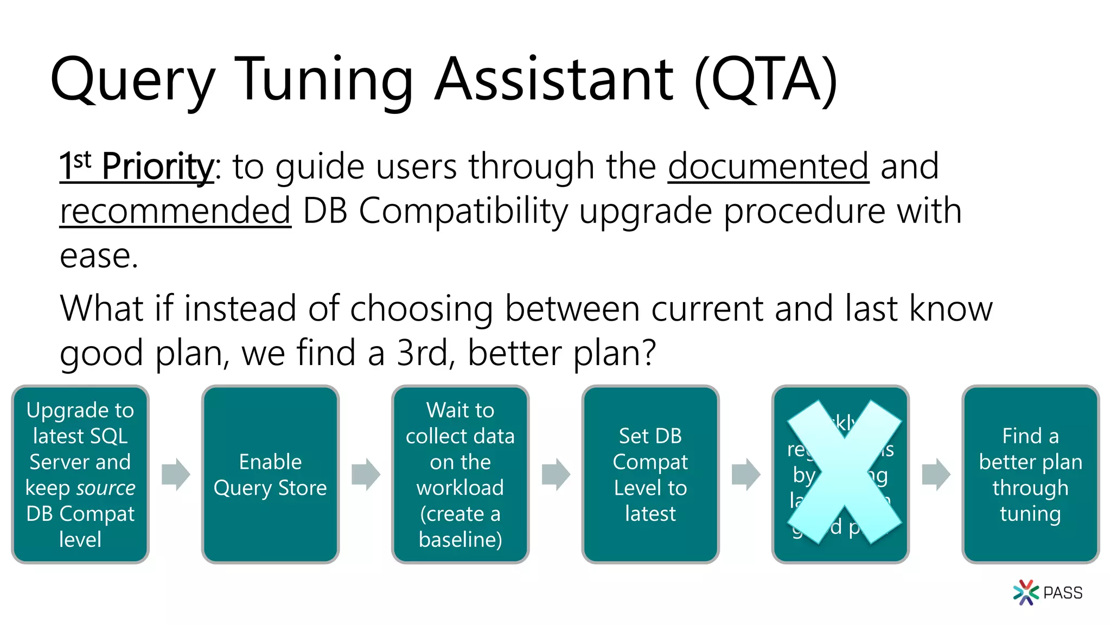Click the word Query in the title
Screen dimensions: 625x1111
pyautogui.click(x=132, y=80)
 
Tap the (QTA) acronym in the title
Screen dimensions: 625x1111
pyautogui.click(x=766, y=80)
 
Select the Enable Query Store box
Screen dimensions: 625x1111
pyautogui.click(x=270, y=474)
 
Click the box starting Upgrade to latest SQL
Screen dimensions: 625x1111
pyautogui.click(x=80, y=474)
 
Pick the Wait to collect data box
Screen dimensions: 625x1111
pyautogui.click(x=460, y=474)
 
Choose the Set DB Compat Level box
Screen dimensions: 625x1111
pyautogui.click(x=650, y=474)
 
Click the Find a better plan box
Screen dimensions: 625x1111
pyautogui.click(x=1030, y=474)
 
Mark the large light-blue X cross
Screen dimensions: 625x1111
pyautogui.click(x=844, y=472)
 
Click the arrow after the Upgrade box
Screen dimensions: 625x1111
pyautogui.click(x=176, y=474)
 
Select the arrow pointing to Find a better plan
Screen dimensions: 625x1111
pyautogui.click(x=936, y=474)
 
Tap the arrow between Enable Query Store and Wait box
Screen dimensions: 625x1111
pyautogui.click(x=366, y=474)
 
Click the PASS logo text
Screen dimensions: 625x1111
pyautogui.click(x=1062, y=593)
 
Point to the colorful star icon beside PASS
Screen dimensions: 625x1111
pyautogui.click(x=1025, y=592)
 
